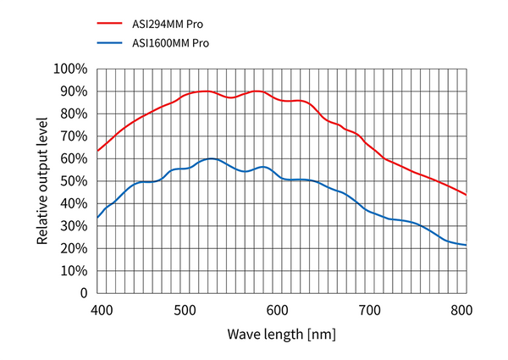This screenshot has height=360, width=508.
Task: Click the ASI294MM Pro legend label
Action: click(168, 24)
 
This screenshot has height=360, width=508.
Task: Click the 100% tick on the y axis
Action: click(69, 69)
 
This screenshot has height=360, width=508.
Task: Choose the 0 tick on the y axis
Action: click(82, 293)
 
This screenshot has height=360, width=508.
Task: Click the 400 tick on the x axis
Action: click(101, 310)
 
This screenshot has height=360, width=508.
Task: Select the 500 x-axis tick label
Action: click(185, 310)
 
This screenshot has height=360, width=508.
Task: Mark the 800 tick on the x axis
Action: click(460, 310)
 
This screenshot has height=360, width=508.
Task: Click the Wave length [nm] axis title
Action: click(281, 333)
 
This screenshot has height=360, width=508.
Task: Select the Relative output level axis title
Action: click(42, 181)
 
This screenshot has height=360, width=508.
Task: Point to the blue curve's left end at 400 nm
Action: click(97, 218)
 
